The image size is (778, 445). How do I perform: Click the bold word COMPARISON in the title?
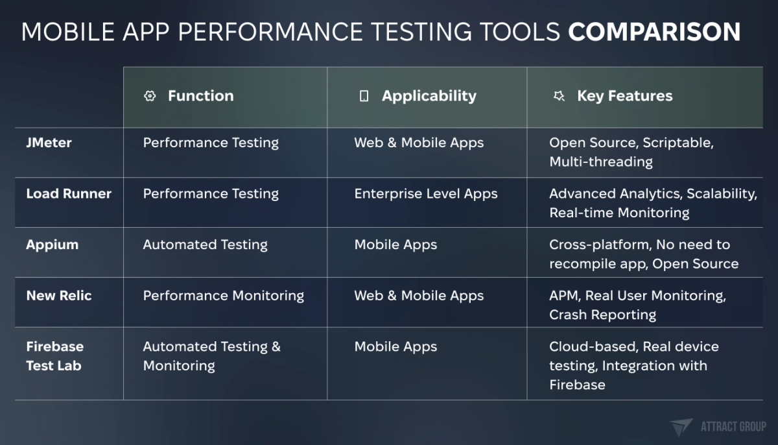[654, 32]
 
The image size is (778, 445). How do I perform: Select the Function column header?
[200, 96]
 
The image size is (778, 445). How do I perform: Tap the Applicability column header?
[429, 96]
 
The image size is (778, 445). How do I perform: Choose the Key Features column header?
[624, 96]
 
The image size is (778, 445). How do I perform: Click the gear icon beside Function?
[150, 96]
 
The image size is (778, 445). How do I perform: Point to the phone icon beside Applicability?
[364, 96]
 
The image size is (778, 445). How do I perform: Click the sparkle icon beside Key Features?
[558, 96]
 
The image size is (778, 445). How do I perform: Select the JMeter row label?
[49, 143]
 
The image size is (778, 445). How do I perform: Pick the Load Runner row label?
[69, 193]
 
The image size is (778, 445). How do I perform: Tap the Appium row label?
[52, 245]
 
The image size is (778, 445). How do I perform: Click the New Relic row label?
[59, 295]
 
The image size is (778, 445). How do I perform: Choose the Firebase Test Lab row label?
[54, 355]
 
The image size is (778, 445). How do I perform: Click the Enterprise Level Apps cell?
[425, 193]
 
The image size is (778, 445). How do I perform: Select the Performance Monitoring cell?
[223, 295]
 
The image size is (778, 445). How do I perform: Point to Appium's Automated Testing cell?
[205, 245]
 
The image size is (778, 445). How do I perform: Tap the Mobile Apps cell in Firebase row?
[395, 346]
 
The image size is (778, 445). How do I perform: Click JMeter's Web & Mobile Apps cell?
[419, 143]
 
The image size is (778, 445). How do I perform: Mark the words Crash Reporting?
[602, 315]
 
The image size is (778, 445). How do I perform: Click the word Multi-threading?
[600, 162]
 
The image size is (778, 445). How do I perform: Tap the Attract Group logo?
[718, 426]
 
